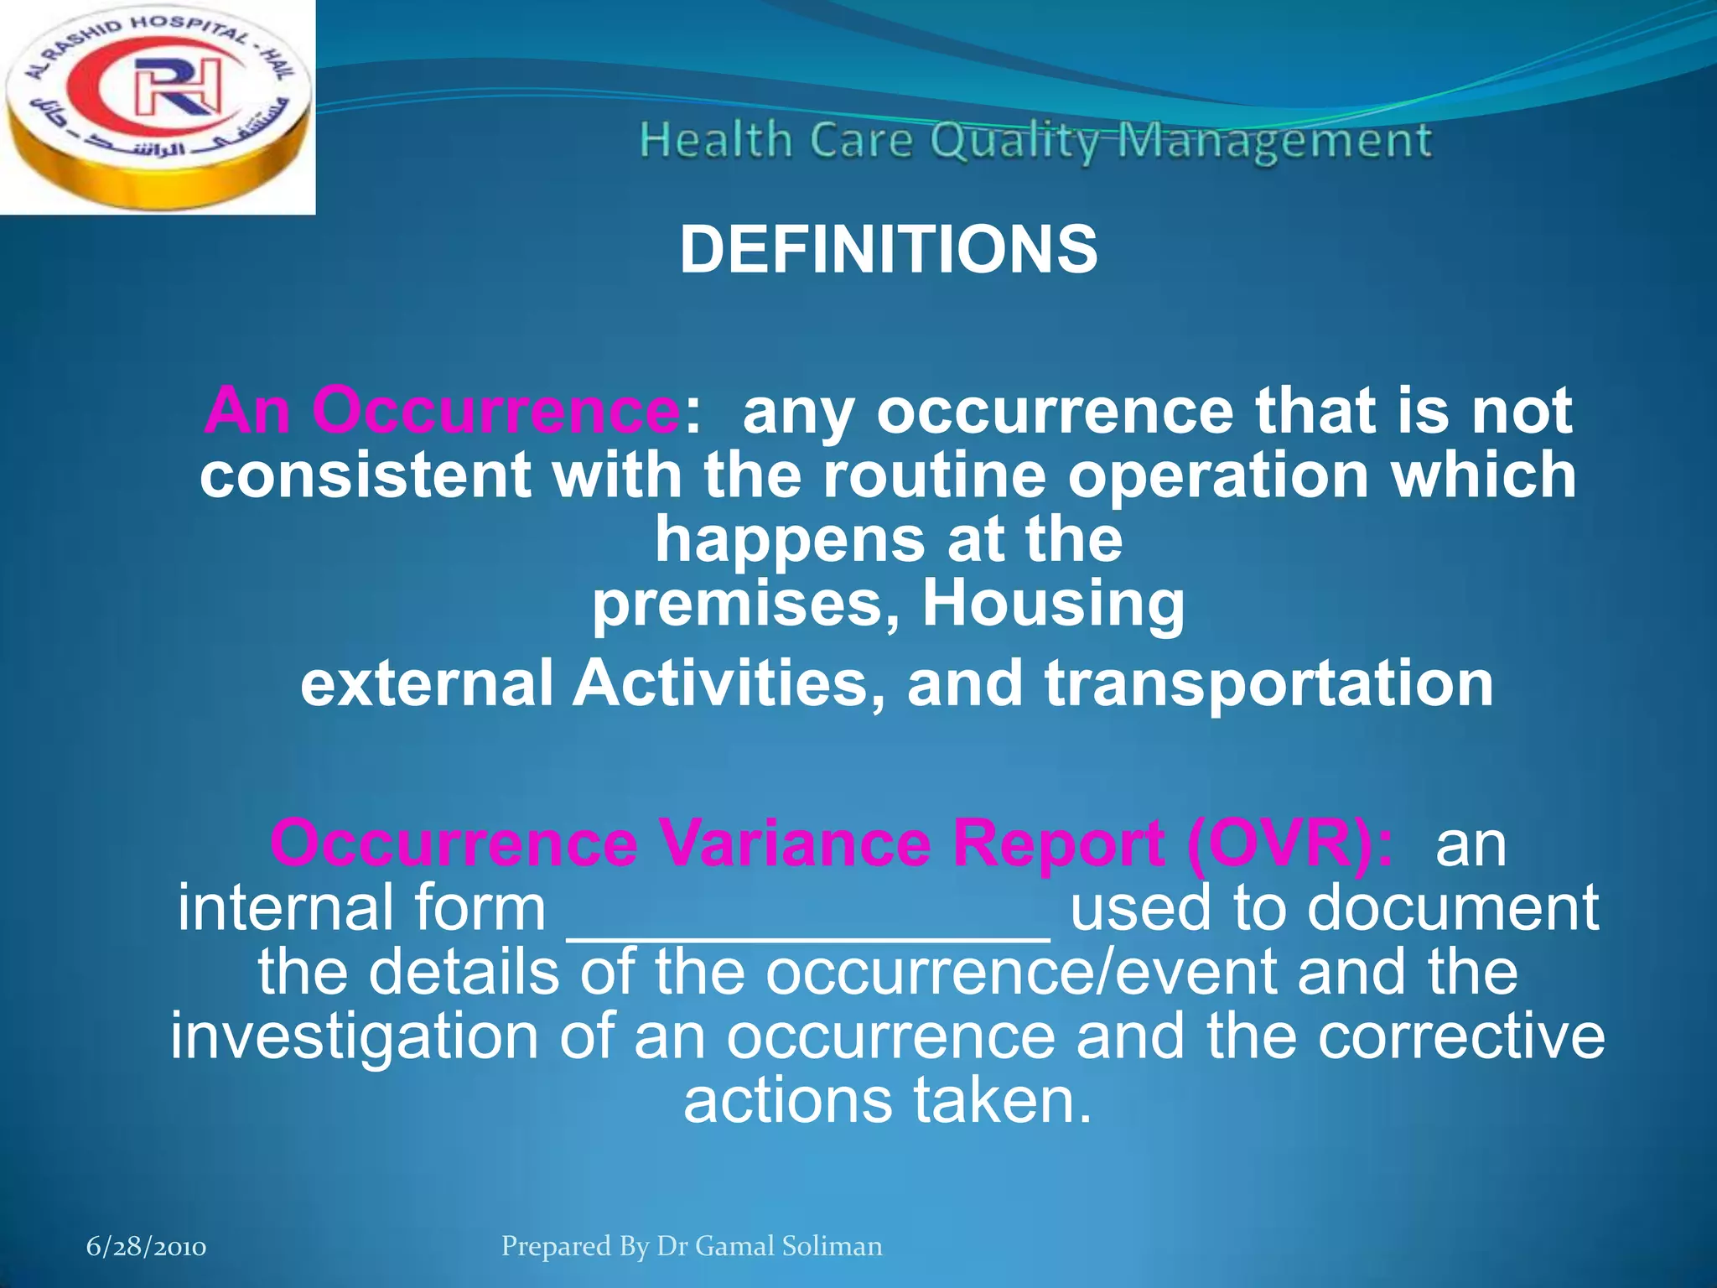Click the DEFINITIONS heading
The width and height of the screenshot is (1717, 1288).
(x=888, y=250)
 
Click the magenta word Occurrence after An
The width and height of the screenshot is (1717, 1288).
(x=495, y=411)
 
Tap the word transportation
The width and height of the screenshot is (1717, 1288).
(x=1268, y=683)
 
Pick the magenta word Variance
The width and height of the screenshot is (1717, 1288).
(x=794, y=843)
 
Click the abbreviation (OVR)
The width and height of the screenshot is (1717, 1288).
(x=1289, y=843)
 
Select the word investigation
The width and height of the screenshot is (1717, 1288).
(x=355, y=1036)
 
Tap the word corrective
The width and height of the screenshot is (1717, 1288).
(x=1460, y=1036)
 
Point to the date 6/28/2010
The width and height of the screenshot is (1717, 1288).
(x=147, y=1248)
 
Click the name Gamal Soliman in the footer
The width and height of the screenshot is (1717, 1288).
(x=789, y=1246)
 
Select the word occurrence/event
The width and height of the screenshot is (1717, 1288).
(x=1020, y=973)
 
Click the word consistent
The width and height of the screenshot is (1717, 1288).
(x=366, y=475)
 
